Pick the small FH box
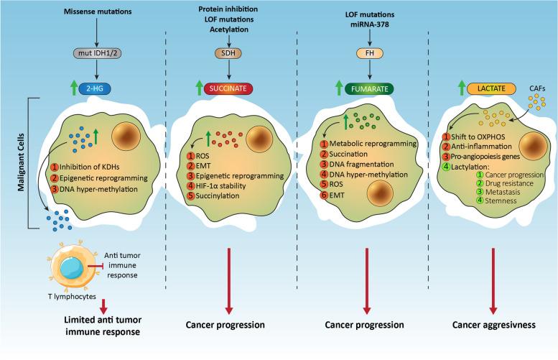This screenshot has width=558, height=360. pyautogui.click(x=366, y=52)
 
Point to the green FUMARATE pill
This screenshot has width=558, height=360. pyautogui.click(x=366, y=90)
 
